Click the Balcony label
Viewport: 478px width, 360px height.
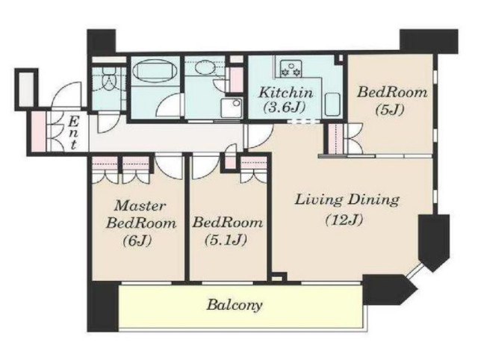[x=235, y=305]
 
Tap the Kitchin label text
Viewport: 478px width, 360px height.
[x=285, y=92]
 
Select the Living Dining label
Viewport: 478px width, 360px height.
[x=347, y=200]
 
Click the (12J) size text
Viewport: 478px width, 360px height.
[x=344, y=220]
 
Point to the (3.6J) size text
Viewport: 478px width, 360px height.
[x=285, y=107]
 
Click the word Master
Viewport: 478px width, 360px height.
[x=140, y=205]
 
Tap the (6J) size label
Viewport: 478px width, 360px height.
[x=137, y=241]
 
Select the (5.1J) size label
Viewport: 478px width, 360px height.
[x=226, y=240]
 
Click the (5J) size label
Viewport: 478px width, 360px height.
[x=389, y=110]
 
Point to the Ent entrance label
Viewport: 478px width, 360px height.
[x=73, y=133]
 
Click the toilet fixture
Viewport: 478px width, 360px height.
[x=109, y=79]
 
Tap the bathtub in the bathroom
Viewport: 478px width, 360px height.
[x=155, y=69]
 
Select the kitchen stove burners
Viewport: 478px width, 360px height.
[x=291, y=69]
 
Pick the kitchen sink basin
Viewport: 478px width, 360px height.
[x=332, y=105]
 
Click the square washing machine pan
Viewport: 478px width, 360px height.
[x=232, y=108]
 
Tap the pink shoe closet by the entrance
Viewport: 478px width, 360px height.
[x=38, y=131]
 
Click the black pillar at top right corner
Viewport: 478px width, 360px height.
[x=429, y=42]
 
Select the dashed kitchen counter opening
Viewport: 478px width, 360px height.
[x=304, y=121]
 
